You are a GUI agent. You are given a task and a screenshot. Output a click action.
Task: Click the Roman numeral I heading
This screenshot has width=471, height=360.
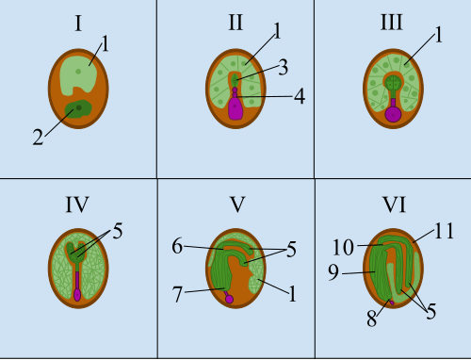click(x=78, y=24)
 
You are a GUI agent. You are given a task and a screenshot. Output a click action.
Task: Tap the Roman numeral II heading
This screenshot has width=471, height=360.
click(x=235, y=23)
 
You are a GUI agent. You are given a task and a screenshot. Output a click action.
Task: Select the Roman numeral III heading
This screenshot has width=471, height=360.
click(x=392, y=23)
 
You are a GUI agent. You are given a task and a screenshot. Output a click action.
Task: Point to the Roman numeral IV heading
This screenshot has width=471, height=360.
click(x=77, y=205)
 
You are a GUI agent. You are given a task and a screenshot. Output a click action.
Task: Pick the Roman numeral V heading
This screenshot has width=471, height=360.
click(x=237, y=205)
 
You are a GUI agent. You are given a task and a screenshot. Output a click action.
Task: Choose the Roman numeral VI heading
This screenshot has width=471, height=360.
click(x=394, y=205)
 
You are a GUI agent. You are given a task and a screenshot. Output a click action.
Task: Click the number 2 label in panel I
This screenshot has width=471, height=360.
click(x=38, y=138)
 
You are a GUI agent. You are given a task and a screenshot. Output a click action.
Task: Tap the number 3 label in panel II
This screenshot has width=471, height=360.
click(x=284, y=67)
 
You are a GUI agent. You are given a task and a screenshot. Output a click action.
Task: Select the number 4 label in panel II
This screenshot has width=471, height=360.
click(x=300, y=96)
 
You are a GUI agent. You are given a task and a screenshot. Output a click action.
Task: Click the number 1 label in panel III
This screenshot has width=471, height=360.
click(x=439, y=35)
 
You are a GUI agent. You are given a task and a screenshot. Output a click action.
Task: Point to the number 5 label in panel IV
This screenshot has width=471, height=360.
click(x=118, y=231)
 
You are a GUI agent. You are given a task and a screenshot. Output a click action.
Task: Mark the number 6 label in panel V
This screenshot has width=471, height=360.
click(x=177, y=246)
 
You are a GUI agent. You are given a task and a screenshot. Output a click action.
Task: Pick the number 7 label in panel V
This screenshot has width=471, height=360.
click(x=177, y=294)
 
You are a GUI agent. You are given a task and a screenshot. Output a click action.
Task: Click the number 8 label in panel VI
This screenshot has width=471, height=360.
click(x=372, y=319)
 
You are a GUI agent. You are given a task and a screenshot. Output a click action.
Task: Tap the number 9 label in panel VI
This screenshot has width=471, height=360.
click(x=333, y=272)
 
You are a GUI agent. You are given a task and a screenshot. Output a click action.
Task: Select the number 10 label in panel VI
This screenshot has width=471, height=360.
click(x=343, y=247)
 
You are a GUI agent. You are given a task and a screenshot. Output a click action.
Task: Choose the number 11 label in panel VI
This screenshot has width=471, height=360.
click(x=444, y=231)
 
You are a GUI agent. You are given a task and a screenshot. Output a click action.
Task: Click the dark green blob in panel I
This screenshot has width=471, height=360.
click(x=78, y=109)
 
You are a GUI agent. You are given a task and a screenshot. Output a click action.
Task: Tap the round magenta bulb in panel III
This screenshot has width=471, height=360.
click(x=393, y=114)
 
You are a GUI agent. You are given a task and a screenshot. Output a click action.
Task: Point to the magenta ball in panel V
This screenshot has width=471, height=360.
click(x=229, y=299)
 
